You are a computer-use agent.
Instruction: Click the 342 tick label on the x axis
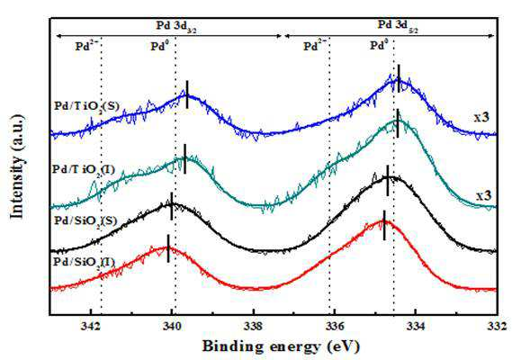coord(91,327)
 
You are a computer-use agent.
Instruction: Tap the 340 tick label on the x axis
coord(172,327)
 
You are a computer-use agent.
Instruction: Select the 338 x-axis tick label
coord(253,327)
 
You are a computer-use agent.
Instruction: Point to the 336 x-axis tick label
coord(335,327)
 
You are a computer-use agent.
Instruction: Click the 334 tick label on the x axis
coord(416,327)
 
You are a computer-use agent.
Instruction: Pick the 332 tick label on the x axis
coord(497,327)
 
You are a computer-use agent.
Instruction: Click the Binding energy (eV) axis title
coord(281,346)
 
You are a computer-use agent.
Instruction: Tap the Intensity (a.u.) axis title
coord(17,166)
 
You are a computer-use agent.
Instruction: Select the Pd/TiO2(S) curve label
coord(86,106)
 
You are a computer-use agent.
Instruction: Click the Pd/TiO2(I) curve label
coord(84,170)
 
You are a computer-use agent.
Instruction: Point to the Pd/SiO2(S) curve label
coord(85,220)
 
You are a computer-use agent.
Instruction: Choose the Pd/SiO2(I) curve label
coord(85,262)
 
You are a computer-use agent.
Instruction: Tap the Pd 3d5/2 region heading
coord(399,25)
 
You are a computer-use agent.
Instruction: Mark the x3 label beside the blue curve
coord(482,117)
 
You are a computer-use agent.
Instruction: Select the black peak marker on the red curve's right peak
coord(384,225)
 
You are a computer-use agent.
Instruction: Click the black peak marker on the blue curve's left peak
coord(187,94)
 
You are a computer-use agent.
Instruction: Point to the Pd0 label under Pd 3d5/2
coord(379,45)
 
